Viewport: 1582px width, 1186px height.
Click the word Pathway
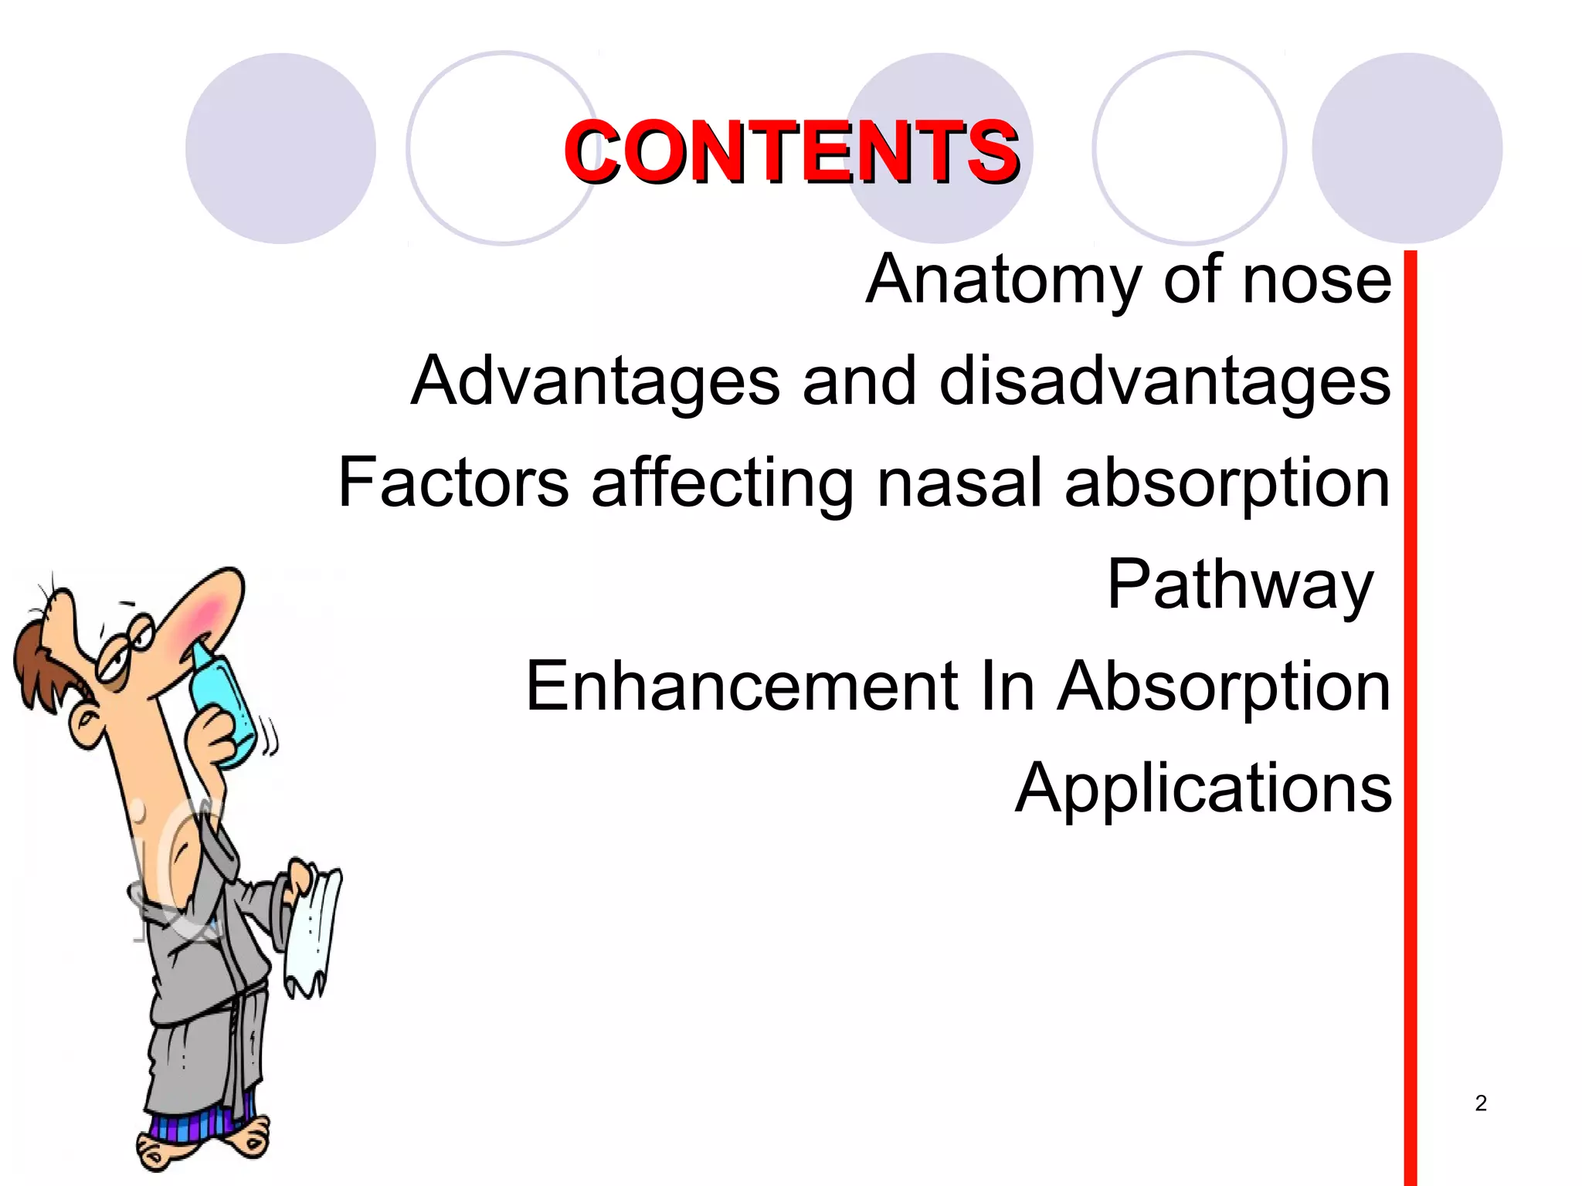tap(1239, 585)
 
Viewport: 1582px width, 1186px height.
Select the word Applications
tap(1203, 788)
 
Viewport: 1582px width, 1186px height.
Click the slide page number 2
tap(1480, 1103)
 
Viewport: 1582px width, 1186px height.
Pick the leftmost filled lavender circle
tap(280, 148)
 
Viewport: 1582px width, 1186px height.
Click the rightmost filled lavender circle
tap(1407, 148)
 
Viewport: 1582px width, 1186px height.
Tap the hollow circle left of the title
tap(502, 148)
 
